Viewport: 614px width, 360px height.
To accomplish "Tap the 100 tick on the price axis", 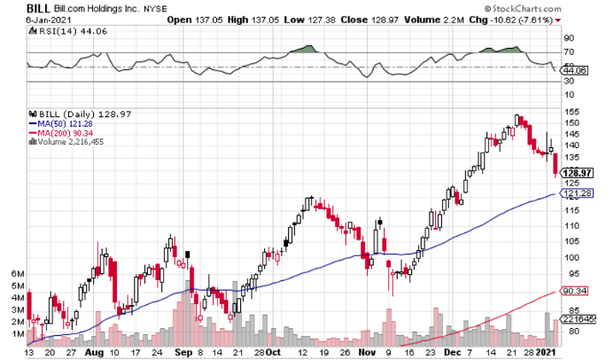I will [572, 258].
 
